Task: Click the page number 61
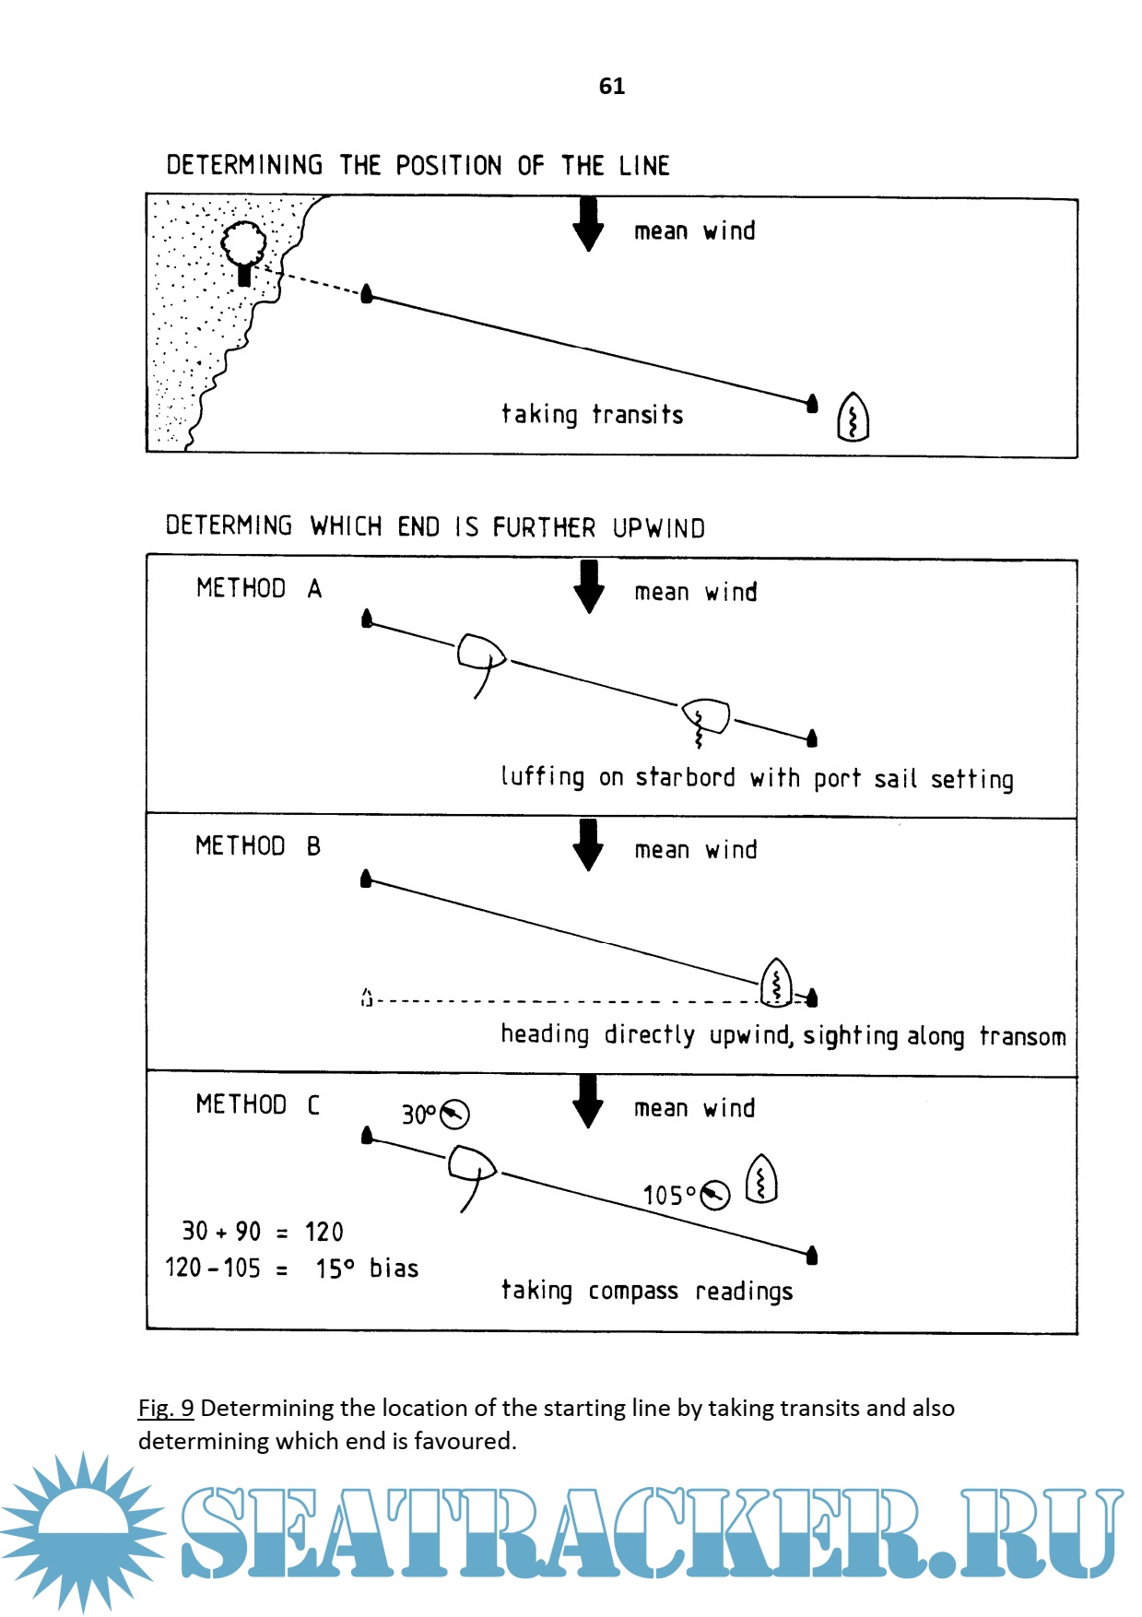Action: point(611,86)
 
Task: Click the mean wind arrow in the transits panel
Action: point(588,223)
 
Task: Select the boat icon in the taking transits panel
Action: point(853,418)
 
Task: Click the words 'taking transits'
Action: point(592,415)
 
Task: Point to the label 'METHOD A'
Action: point(259,588)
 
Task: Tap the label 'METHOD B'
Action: point(258,846)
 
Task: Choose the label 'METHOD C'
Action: point(258,1104)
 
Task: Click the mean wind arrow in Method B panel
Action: point(588,844)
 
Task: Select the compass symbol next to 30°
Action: point(454,1115)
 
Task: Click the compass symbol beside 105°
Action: point(714,1196)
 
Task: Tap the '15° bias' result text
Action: point(367,1269)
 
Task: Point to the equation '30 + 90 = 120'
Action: point(263,1232)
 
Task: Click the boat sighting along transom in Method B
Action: point(776,983)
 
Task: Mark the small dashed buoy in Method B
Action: point(367,997)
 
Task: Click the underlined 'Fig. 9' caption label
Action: point(166,1408)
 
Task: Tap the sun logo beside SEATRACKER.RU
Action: point(84,1530)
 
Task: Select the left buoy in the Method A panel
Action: point(367,619)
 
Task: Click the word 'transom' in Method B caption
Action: point(1022,1037)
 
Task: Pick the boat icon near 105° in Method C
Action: point(761,1179)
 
